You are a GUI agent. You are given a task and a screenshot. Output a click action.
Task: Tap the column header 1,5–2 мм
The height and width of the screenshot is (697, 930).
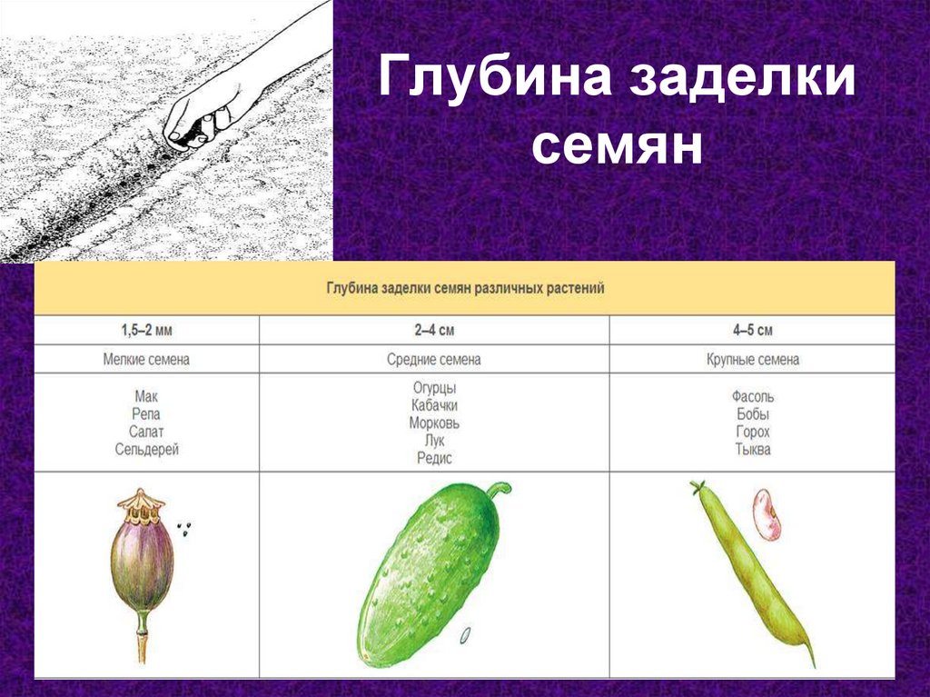pos(146,331)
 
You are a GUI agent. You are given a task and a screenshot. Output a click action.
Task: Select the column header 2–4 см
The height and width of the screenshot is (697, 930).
pos(434,331)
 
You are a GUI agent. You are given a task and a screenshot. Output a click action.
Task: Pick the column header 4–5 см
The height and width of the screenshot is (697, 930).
pos(753,331)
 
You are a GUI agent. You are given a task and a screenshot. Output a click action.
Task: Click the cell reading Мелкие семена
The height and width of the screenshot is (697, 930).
pos(146,360)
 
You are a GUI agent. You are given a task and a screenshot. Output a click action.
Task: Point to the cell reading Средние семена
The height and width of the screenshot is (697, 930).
pos(434,360)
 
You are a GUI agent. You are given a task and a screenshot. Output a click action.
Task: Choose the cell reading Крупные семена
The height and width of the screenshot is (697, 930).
pos(753,360)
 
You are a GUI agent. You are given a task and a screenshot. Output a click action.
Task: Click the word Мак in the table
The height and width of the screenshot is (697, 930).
pos(146,397)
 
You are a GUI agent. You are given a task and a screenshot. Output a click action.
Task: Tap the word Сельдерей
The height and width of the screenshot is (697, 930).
pos(147,449)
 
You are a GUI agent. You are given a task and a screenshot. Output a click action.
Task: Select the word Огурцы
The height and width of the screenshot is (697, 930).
pos(434,389)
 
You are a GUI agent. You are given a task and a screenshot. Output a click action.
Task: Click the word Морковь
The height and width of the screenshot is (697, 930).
pos(434,423)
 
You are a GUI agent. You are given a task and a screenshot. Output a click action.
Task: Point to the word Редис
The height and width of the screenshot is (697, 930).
pos(434,459)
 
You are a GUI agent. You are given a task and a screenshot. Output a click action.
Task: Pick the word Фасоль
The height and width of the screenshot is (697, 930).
pos(753,397)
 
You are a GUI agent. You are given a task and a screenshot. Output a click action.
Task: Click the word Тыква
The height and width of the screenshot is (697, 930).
pos(753,449)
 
